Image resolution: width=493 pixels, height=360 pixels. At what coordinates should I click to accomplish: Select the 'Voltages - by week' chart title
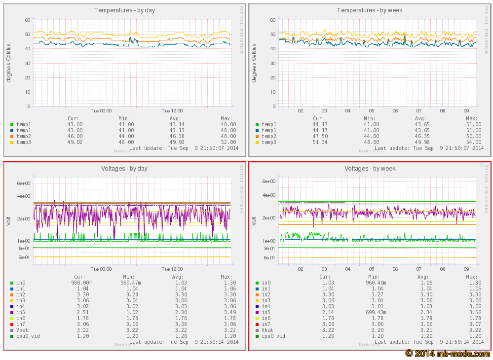[370, 169]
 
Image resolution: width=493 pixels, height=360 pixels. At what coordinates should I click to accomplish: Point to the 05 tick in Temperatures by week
[372, 111]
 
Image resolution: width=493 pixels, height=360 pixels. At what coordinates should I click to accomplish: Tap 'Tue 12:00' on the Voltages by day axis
[172, 269]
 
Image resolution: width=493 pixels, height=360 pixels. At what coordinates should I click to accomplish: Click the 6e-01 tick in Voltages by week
[269, 257]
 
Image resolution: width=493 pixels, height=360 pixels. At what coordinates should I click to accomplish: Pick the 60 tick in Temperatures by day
[28, 20]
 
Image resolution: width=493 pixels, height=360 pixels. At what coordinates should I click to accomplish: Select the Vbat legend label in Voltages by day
[22, 330]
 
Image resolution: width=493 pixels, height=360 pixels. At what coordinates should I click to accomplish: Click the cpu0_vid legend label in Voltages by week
[273, 336]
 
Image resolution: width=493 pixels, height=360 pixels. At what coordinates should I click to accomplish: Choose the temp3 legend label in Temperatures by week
[269, 142]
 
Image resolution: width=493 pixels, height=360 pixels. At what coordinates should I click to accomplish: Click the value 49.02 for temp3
[75, 142]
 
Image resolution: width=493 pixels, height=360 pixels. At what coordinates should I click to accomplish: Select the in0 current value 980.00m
[79, 283]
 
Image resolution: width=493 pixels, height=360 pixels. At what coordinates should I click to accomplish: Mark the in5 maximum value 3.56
[474, 312]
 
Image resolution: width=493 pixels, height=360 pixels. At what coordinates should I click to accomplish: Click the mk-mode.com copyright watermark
[448, 354]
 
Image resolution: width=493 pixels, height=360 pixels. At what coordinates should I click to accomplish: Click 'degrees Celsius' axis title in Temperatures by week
[255, 63]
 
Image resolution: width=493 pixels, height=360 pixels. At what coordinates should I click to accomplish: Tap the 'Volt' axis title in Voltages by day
[8, 221]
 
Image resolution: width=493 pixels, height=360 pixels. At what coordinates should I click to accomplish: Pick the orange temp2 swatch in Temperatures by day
[12, 136]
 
